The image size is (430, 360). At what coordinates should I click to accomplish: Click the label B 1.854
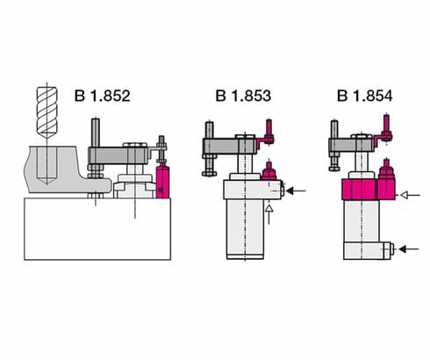(x=362, y=95)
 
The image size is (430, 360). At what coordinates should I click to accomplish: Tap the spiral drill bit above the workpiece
(x=45, y=113)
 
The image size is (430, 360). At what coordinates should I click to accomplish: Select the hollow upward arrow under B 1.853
(x=270, y=213)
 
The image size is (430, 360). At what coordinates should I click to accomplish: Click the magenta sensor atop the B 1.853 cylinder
(x=270, y=172)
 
